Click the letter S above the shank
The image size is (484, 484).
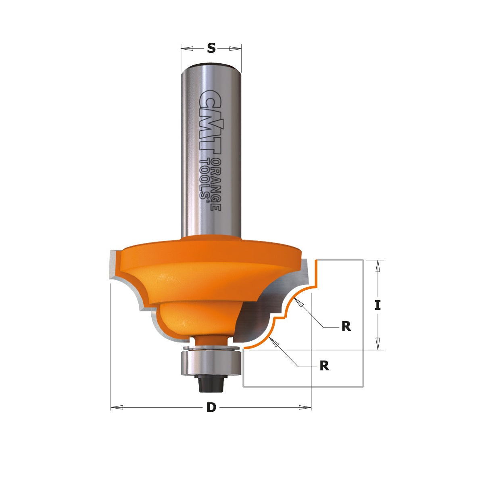pos(211,48)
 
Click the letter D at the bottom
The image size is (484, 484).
pos(211,408)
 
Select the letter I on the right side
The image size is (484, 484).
pos(378,305)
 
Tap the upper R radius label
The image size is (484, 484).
pos(346,326)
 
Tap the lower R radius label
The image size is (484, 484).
pos(324,366)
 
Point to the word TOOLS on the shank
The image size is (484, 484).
pos(206,177)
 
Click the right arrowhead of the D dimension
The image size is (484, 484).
pos(305,408)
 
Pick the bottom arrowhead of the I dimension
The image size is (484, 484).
pos(378,344)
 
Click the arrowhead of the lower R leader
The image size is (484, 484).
pos(276,342)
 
